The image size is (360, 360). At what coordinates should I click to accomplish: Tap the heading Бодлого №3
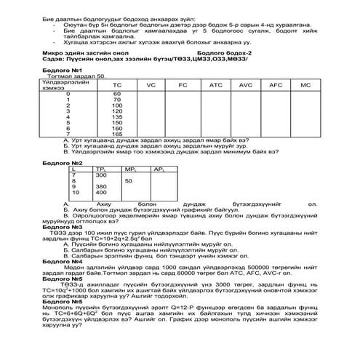tap(59, 227)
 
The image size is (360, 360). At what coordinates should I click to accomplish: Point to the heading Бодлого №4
tap(59, 259)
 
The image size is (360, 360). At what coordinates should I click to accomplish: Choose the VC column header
tap(151, 85)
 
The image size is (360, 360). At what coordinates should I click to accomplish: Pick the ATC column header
tap(215, 85)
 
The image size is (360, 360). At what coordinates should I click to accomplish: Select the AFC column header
tap(275, 85)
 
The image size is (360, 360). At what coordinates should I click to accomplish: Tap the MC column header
tap(305, 85)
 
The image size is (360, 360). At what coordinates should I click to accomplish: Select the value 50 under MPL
tap(128, 180)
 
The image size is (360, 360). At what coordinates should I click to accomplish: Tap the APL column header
tap(159, 169)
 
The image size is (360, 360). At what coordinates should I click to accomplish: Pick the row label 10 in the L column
tap(74, 193)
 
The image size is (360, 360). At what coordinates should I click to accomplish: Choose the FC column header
tap(183, 85)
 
